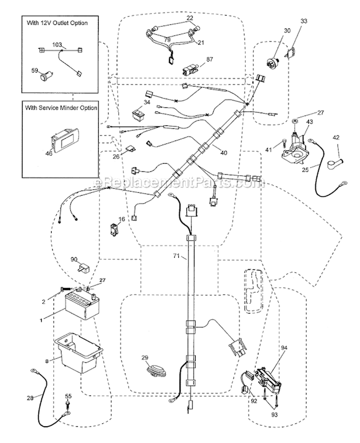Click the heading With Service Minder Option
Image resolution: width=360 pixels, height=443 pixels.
tap(60, 108)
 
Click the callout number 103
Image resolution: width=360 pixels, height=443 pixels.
tap(57, 44)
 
